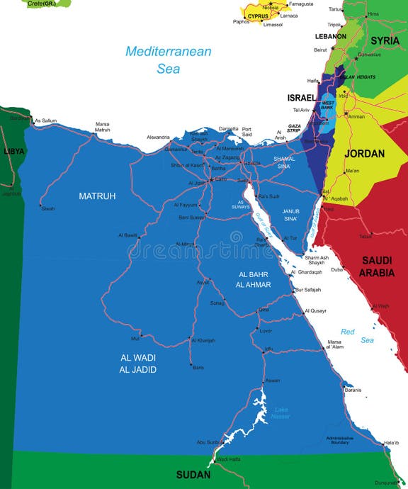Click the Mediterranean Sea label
pyautogui.click(x=169, y=60)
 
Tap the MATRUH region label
pyautogui.click(x=97, y=196)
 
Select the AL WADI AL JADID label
pyautogui.click(x=137, y=364)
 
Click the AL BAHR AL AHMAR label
pyautogui.click(x=254, y=279)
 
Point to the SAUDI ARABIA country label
pyautogui.click(x=376, y=266)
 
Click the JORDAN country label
pyautogui.click(x=364, y=153)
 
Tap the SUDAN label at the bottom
pyautogui.click(x=193, y=474)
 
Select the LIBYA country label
pyautogui.click(x=13, y=151)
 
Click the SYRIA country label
pyautogui.click(x=385, y=40)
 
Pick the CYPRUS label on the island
pyautogui.click(x=258, y=16)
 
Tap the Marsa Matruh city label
pyautogui.click(x=103, y=127)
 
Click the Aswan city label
pyautogui.click(x=273, y=381)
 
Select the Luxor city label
pyautogui.click(x=266, y=331)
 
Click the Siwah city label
pyautogui.click(x=48, y=208)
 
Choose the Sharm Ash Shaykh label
pyautogui.click(x=316, y=260)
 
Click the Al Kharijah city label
pyautogui.click(x=203, y=340)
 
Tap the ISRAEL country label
pyautogui.click(x=301, y=97)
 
